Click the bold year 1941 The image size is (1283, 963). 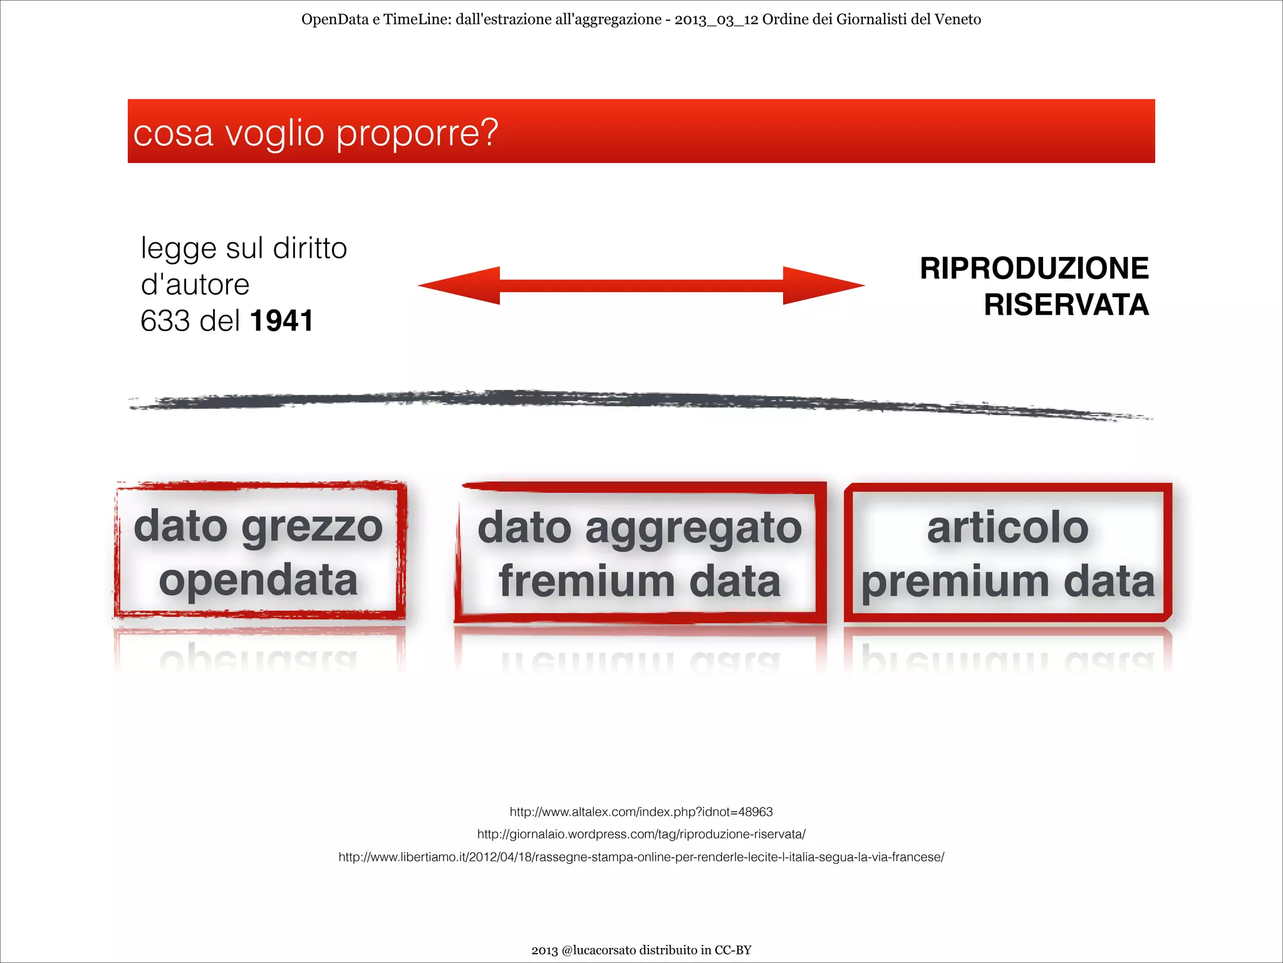[x=281, y=321]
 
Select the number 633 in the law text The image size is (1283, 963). [x=165, y=321]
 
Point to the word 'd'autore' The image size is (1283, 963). [x=195, y=285]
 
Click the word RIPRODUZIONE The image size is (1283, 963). [x=1034, y=268]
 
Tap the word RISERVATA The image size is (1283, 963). [x=1066, y=305]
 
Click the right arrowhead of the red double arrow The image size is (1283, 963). [x=823, y=286]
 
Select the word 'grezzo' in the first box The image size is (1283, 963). [x=312, y=527]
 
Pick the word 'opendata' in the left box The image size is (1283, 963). [x=258, y=580]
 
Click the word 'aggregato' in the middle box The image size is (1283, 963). [x=693, y=528]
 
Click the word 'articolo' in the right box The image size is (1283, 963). [x=1008, y=528]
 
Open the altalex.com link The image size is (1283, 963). [x=641, y=812]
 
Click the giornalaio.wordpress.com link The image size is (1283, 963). [x=641, y=834]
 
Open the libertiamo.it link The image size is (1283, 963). [x=641, y=857]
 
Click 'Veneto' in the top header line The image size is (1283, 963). [x=957, y=19]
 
